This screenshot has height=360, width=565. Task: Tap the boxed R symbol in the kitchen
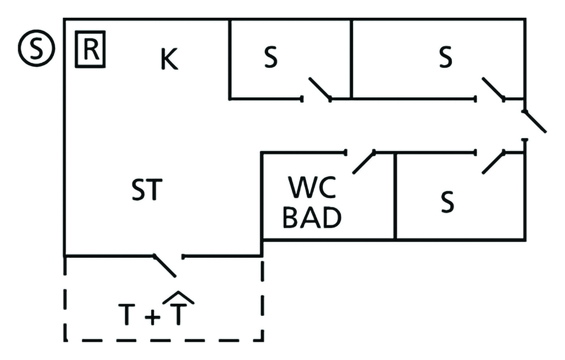tap(90, 51)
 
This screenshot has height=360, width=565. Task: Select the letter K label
tap(169, 60)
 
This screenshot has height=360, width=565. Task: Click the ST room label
tap(147, 190)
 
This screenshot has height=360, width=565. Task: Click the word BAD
tap(312, 219)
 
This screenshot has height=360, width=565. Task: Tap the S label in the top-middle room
tap(270, 58)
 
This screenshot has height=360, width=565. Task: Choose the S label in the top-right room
tap(445, 58)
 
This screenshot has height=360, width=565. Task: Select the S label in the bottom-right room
tap(447, 203)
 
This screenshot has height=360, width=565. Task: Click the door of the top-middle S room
tap(319, 89)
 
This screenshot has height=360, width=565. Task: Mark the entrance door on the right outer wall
tap(534, 121)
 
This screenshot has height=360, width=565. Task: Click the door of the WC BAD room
tap(364, 162)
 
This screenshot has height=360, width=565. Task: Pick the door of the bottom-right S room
tap(493, 162)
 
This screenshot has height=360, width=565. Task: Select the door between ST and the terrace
tap(165, 266)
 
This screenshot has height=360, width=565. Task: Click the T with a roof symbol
tap(180, 312)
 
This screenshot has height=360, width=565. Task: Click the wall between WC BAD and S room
tap(395, 196)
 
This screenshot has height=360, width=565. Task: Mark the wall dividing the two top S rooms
tap(351, 58)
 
